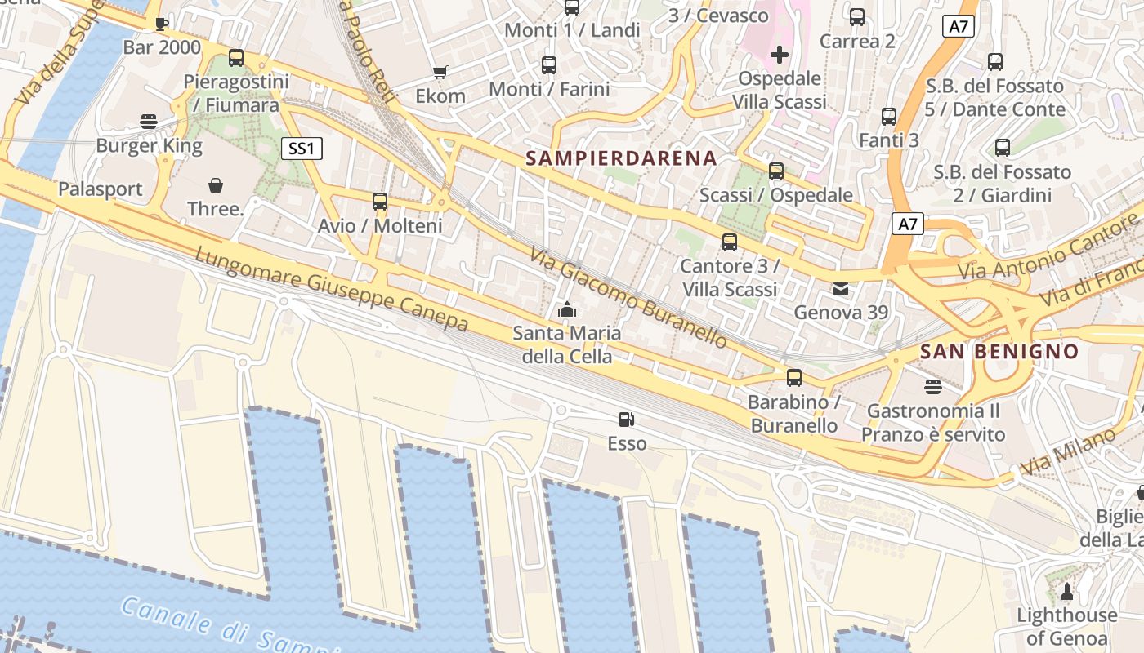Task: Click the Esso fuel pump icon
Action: coord(626,420)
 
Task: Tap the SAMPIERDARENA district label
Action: coord(621,158)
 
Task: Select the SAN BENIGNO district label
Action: coord(999,352)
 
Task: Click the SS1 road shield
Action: coord(302,149)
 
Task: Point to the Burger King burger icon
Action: coord(149,122)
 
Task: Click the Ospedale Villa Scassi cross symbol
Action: coord(780,55)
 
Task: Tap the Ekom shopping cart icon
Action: coord(440,72)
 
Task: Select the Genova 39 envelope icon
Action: coord(840,288)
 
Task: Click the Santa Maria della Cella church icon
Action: coord(566,309)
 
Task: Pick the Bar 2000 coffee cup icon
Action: coord(161,23)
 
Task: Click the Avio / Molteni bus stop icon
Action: coord(379,201)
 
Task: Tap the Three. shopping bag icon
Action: coord(216,185)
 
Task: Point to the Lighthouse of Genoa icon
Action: coord(1066,590)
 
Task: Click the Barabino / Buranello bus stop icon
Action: coord(793,378)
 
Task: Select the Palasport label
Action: coord(100,189)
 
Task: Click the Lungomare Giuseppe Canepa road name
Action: coord(331,289)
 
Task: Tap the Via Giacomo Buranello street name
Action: coord(628,298)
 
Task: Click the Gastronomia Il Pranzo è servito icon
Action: coord(932,385)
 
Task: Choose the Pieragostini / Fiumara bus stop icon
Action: coord(235,58)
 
